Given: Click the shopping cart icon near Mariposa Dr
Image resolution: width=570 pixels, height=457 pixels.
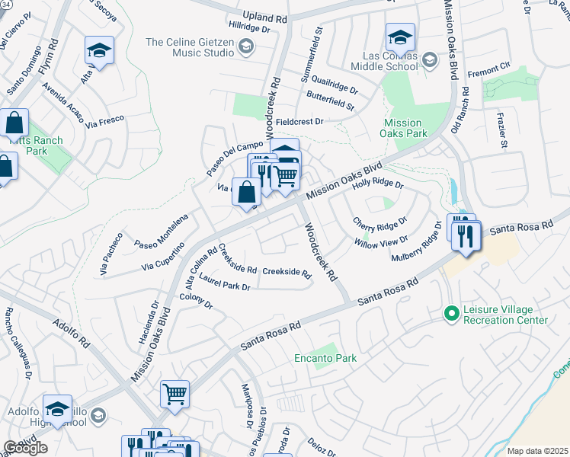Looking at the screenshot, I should (x=175, y=395).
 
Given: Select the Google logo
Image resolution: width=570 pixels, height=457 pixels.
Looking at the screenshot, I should (x=25, y=448).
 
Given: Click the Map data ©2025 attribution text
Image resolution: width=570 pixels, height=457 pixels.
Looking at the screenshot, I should (x=537, y=451).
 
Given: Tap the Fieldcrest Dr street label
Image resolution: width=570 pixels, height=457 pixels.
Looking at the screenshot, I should (x=299, y=121).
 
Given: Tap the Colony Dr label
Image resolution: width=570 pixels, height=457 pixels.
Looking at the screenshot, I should (x=196, y=302).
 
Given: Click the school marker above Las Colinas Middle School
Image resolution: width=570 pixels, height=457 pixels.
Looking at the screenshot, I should (x=400, y=37).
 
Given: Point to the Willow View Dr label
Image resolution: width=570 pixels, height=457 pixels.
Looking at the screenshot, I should (x=381, y=241).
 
